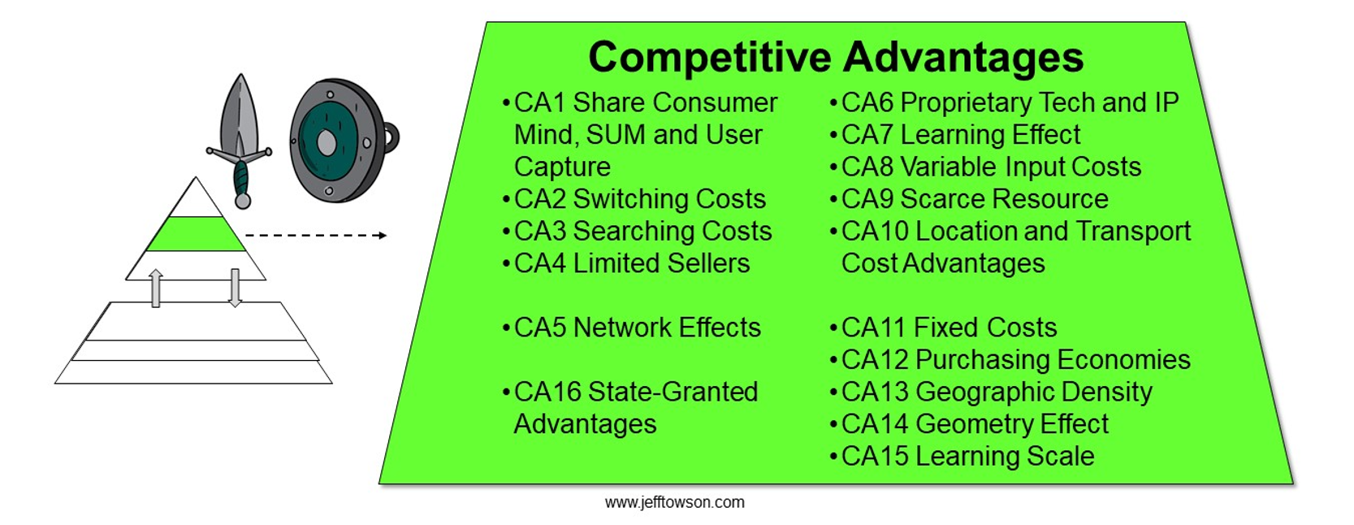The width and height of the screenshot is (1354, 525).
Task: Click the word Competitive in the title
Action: click(710, 59)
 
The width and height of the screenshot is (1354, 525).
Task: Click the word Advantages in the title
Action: click(963, 59)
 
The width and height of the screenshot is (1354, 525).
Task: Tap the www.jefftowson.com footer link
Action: click(675, 502)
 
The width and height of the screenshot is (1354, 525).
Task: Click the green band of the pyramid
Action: click(196, 234)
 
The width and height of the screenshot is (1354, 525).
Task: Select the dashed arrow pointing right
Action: click(315, 236)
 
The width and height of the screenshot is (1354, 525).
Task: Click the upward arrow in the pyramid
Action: click(156, 288)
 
